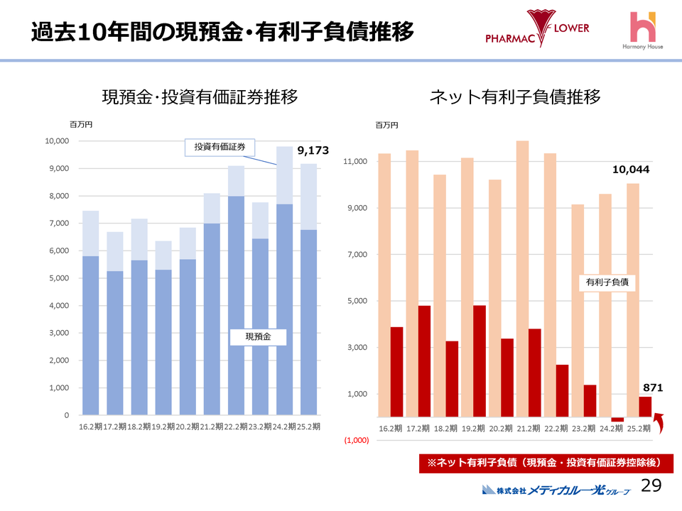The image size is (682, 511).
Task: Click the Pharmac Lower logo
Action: point(537,30)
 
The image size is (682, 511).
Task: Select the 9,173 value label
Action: point(313,150)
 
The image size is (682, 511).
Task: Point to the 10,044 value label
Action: point(631,170)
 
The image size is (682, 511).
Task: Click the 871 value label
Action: point(653,388)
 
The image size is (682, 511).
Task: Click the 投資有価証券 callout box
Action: point(220,147)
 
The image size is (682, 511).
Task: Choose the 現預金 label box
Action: point(258,336)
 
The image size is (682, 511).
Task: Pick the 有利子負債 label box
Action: point(606,282)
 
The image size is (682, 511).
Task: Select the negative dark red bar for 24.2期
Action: point(617,419)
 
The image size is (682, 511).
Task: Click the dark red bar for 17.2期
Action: point(424,361)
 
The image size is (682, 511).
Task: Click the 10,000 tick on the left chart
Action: point(56,141)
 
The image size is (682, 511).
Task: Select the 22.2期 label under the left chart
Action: point(237,427)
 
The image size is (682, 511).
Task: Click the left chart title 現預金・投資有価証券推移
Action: point(200,97)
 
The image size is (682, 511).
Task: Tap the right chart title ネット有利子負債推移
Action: point(515,97)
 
